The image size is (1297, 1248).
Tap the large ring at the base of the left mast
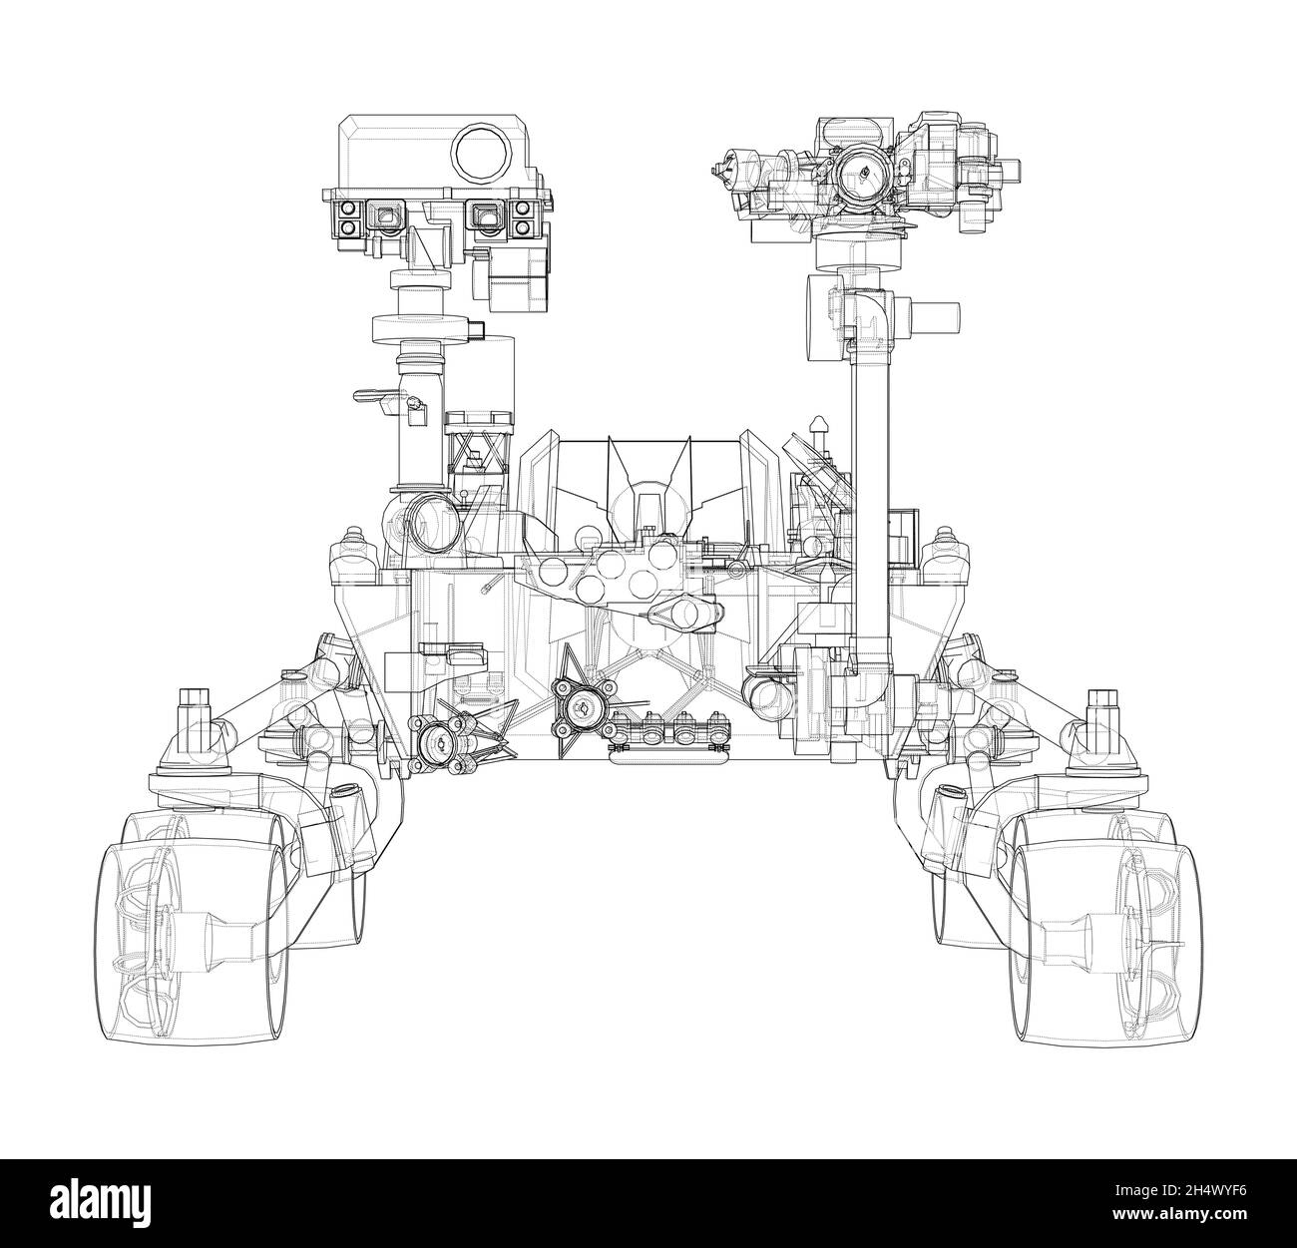(x=431, y=522)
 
